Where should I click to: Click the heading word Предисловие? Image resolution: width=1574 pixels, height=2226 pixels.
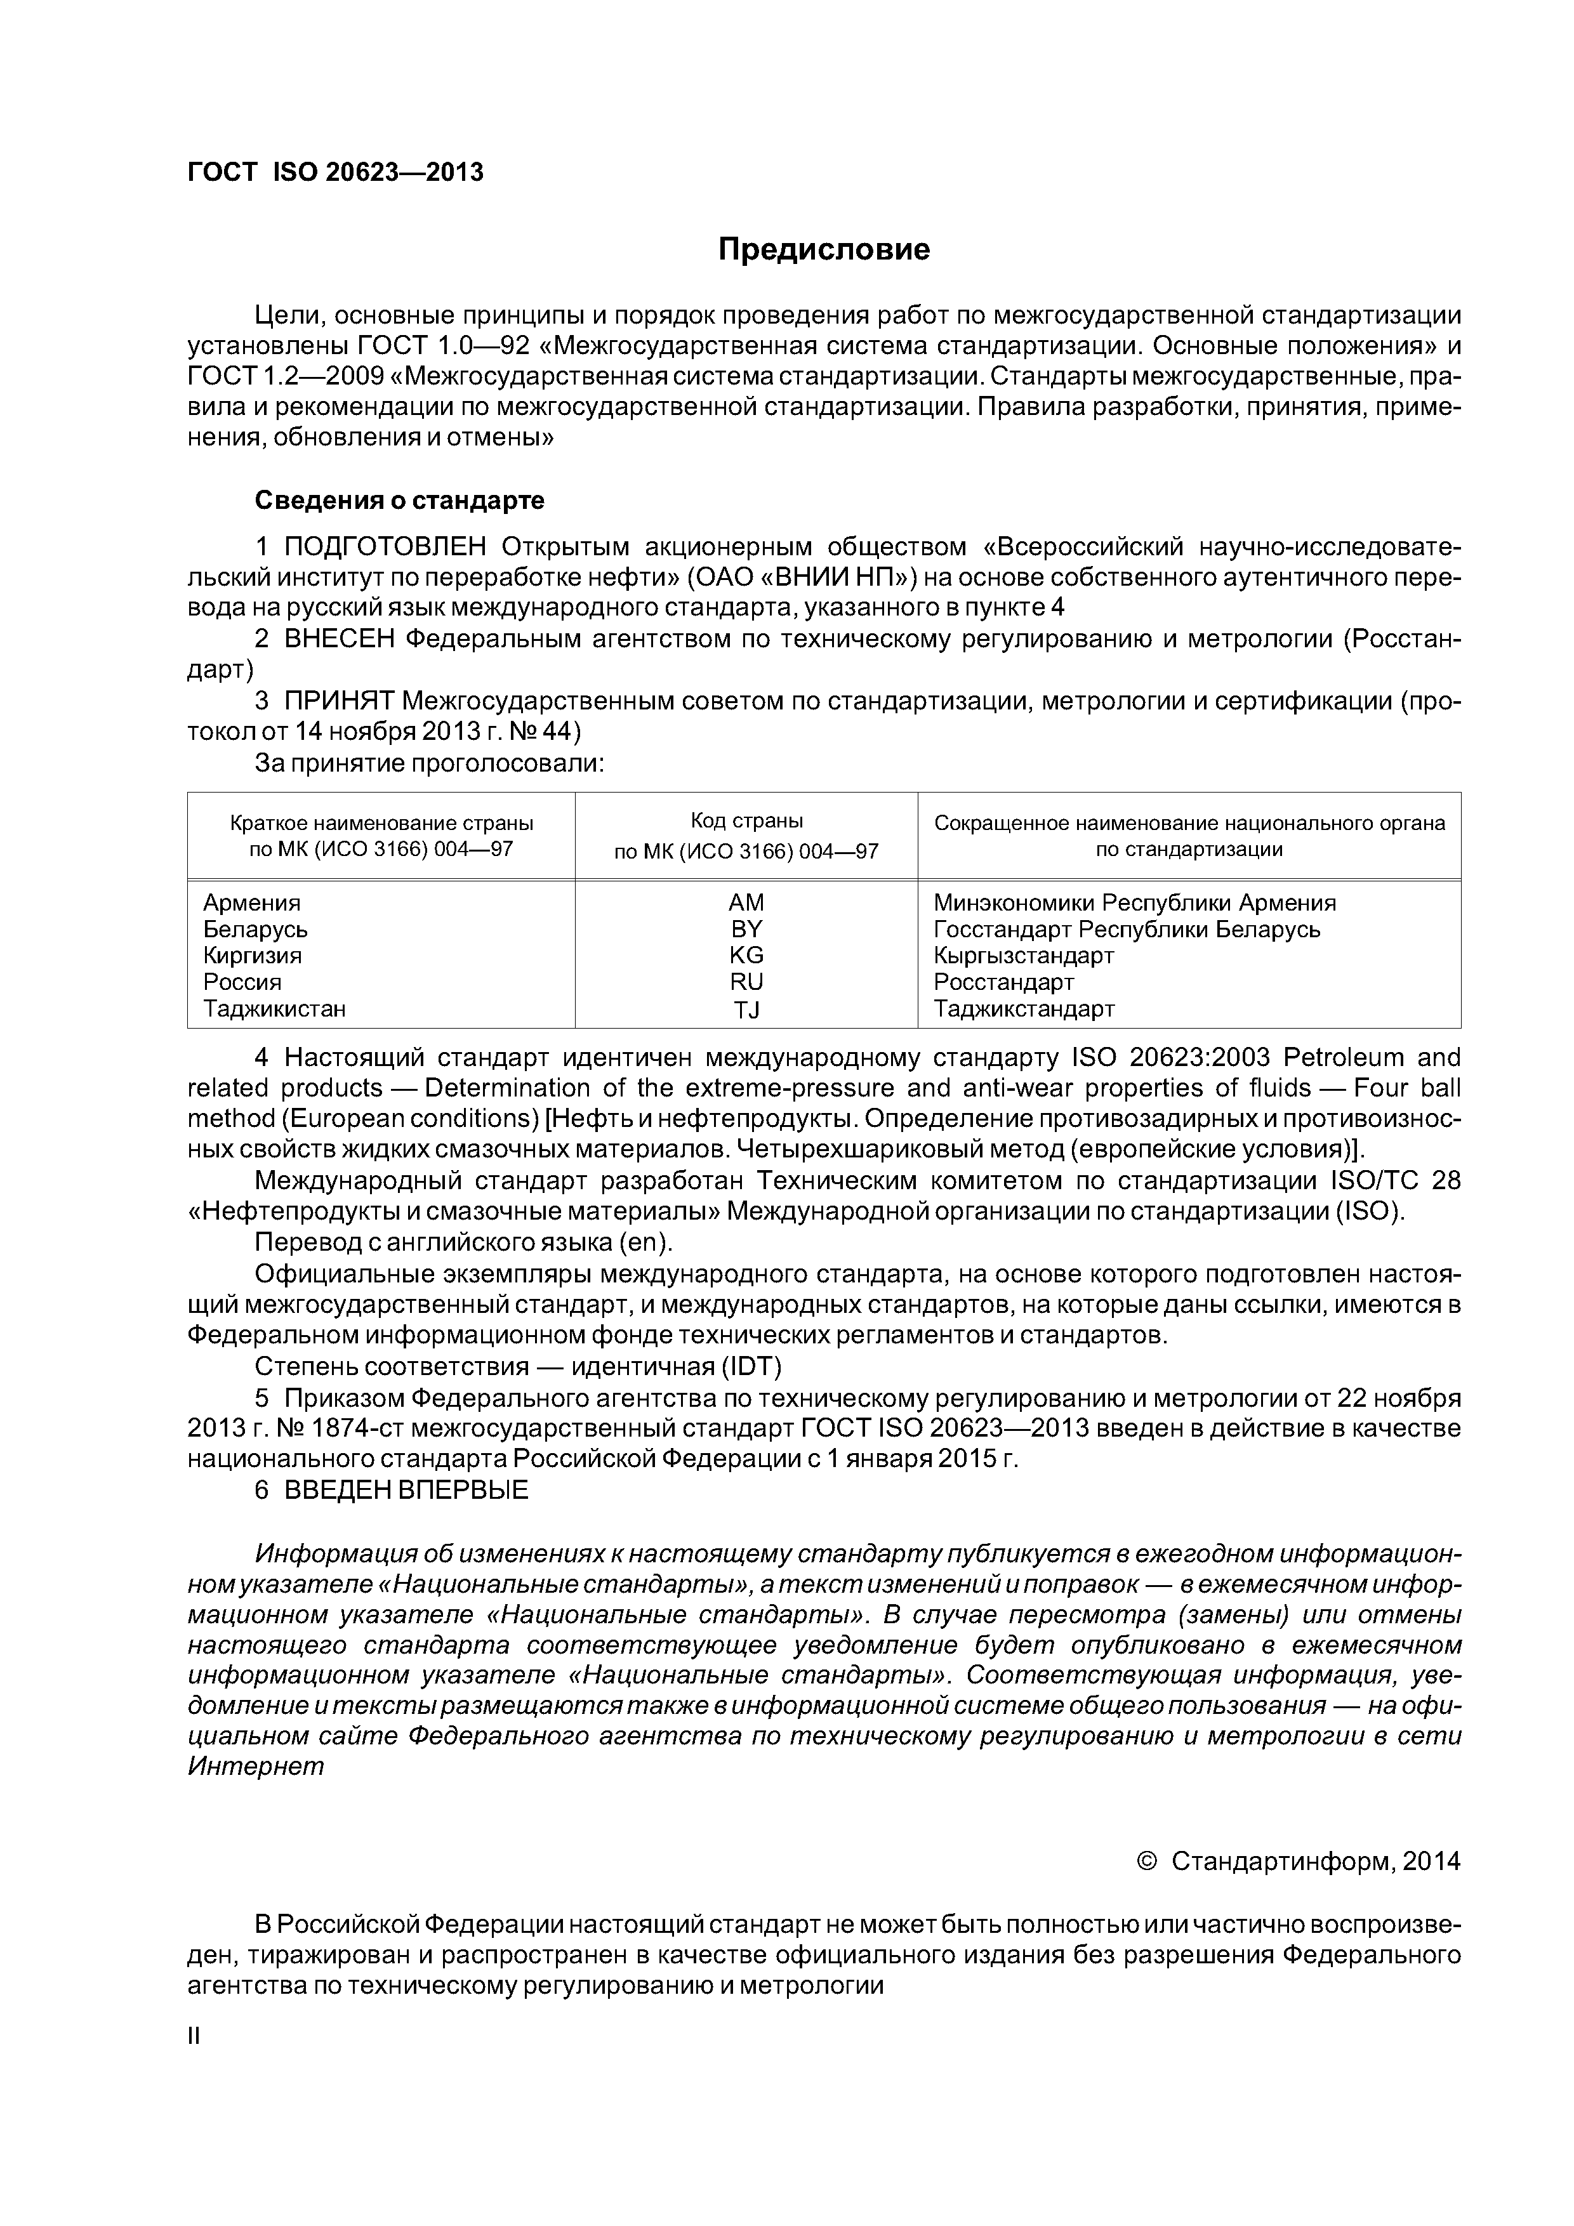pyautogui.click(x=823, y=250)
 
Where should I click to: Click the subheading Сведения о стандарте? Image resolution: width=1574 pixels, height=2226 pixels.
pyautogui.click(x=400, y=500)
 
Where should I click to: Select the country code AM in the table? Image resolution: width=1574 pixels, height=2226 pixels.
pyautogui.click(x=746, y=902)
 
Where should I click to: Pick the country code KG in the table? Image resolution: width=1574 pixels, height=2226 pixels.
pyautogui.click(x=746, y=955)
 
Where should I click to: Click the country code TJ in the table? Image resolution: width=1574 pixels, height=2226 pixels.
pyautogui.click(x=746, y=1010)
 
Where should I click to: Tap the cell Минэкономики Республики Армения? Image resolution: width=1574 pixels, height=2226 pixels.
pyautogui.click(x=1135, y=902)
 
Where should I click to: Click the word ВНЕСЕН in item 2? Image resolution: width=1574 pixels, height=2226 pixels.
pyautogui.click(x=340, y=639)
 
